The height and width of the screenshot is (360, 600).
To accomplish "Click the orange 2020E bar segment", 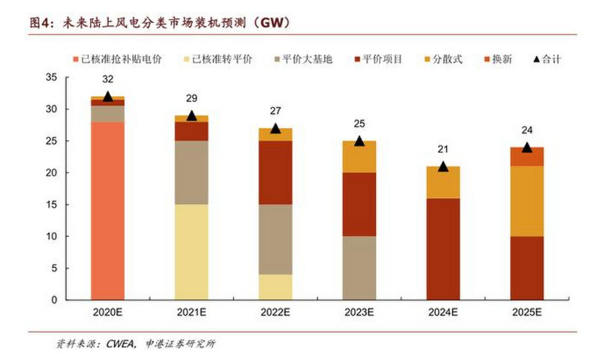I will coord(107,210).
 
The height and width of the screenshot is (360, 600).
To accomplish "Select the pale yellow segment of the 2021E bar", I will coord(191,251).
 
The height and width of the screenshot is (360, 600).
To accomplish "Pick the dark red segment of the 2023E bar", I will coord(358,204).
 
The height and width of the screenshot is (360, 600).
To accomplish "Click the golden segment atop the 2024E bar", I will coord(442,182).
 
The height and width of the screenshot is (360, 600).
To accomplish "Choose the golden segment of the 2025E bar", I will coord(526,201).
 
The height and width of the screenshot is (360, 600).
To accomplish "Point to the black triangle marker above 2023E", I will coord(359,141).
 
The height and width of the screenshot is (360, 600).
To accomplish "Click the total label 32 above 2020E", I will coord(107,79).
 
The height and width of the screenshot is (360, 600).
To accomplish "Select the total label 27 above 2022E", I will coord(275,111).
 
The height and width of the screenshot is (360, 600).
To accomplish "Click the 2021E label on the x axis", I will coord(191,310).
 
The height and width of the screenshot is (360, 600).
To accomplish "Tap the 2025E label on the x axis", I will coord(526,310).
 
